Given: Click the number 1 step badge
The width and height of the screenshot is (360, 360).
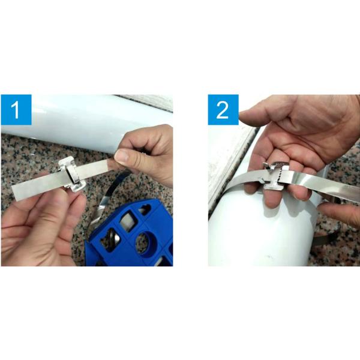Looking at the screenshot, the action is click(x=16, y=110).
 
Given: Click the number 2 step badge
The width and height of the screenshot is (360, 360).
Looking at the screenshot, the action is click(x=223, y=110).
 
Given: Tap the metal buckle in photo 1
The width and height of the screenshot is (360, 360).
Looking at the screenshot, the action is click(x=72, y=174).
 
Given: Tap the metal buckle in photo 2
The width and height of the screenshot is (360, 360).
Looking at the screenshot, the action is click(x=275, y=176).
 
